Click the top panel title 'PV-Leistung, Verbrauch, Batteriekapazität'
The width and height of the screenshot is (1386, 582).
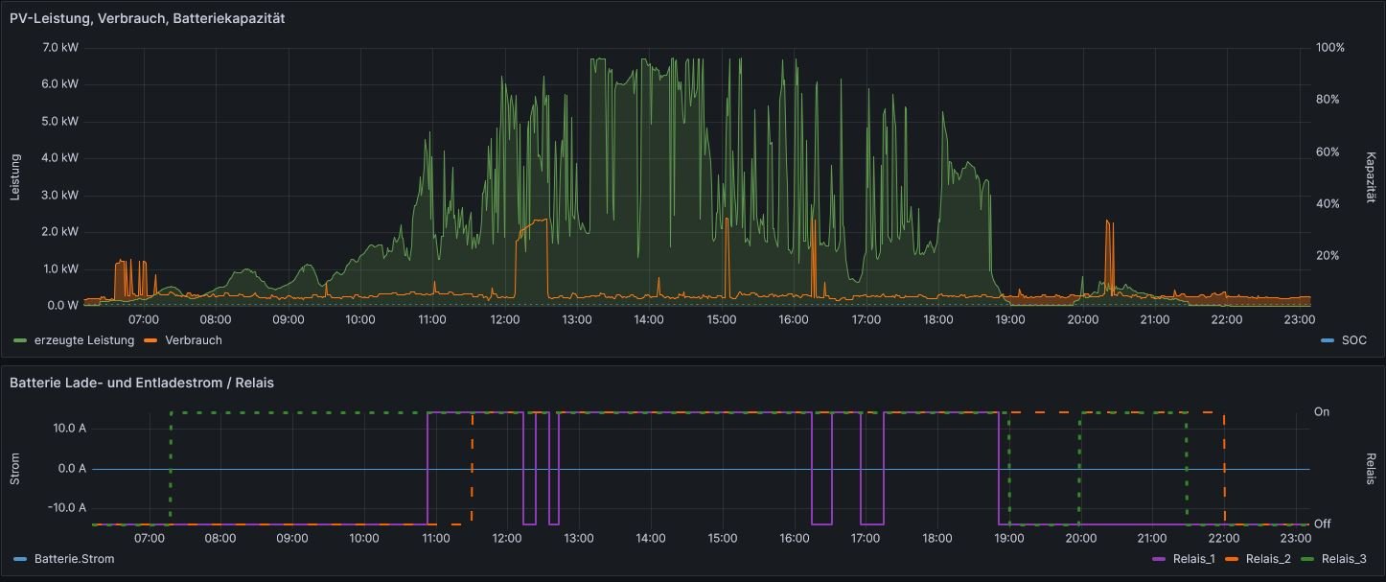tap(147, 18)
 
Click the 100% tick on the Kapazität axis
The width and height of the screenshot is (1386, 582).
tap(1329, 47)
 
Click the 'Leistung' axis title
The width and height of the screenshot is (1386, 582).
tap(15, 176)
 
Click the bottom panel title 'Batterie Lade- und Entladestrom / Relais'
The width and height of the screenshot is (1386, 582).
tap(142, 383)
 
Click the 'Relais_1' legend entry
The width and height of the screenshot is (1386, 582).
tap(1185, 558)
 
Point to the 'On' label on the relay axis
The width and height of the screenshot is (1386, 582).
tap(1322, 411)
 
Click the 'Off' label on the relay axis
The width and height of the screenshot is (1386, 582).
tap(1322, 524)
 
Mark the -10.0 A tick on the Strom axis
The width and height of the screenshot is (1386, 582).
tap(66, 507)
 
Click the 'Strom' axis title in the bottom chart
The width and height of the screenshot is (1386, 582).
tap(15, 468)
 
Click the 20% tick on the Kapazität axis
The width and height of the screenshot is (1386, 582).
tap(1328, 256)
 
